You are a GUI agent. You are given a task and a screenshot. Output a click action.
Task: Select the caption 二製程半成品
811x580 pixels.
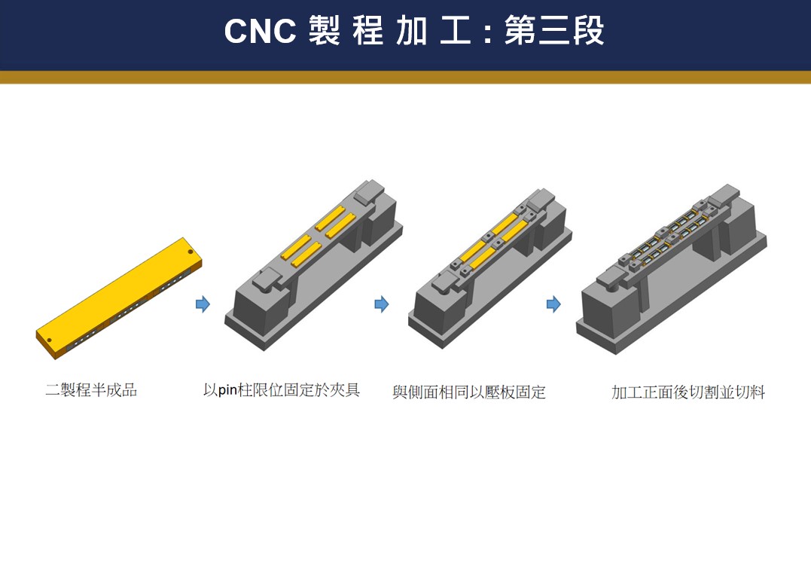click(91, 390)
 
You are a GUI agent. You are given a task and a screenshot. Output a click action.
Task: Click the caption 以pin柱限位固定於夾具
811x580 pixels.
click(282, 390)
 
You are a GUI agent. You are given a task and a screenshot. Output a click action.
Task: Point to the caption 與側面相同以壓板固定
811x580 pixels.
click(468, 392)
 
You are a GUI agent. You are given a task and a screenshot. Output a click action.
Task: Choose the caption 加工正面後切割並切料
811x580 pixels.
click(688, 392)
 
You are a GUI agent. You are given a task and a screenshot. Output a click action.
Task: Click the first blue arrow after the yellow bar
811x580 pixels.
click(203, 304)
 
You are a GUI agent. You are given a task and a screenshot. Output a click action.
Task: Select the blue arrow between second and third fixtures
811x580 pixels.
click(382, 304)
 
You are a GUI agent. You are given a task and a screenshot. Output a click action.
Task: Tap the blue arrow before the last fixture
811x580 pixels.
click(553, 304)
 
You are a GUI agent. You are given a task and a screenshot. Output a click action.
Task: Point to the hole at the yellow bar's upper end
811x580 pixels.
click(190, 252)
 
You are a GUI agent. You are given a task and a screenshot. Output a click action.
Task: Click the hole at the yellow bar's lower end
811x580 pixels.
click(50, 340)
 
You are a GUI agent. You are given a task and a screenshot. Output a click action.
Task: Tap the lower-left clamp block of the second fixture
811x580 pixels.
click(269, 281)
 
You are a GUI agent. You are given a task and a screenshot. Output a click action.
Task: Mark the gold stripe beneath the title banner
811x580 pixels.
click(405, 77)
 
